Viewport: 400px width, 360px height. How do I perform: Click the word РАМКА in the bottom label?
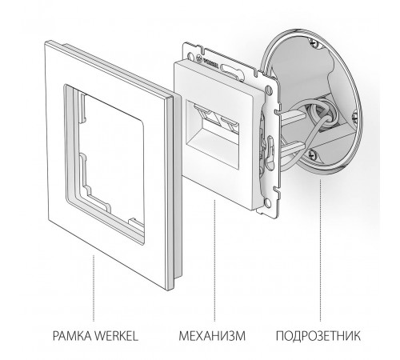[x=70, y=333]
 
